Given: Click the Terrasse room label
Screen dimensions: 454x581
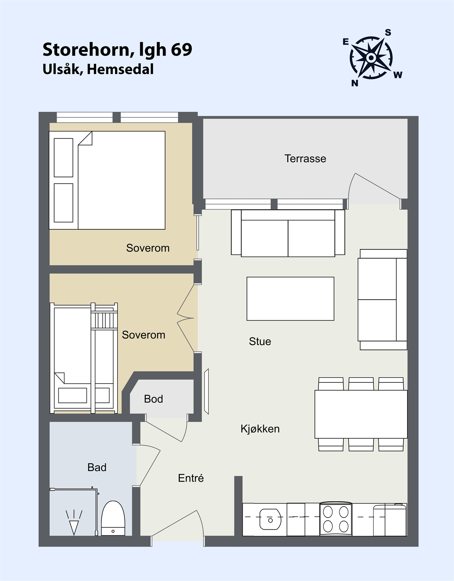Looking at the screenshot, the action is [305, 159].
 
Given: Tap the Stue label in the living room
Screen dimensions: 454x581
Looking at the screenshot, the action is [260, 341].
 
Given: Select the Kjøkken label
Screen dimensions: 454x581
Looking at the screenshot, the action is [260, 429].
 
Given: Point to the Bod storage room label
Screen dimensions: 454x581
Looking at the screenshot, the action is [153, 399].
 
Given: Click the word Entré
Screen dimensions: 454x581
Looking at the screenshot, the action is [191, 478].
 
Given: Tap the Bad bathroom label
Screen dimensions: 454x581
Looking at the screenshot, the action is [97, 467].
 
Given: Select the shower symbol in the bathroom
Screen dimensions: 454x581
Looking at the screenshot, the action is [74, 522].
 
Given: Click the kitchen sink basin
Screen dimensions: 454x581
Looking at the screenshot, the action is [270, 519].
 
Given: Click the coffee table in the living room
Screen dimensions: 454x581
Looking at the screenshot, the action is [290, 298].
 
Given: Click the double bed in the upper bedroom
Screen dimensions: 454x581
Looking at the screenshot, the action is [107, 180].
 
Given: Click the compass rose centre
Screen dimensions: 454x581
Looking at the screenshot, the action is [371, 57].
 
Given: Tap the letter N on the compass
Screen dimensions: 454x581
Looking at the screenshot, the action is [354, 83].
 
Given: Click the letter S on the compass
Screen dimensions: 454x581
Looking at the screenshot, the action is [388, 33].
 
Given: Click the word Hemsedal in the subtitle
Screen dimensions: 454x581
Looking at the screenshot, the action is [120, 69].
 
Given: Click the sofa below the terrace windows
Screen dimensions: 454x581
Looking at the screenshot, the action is [288, 233].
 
